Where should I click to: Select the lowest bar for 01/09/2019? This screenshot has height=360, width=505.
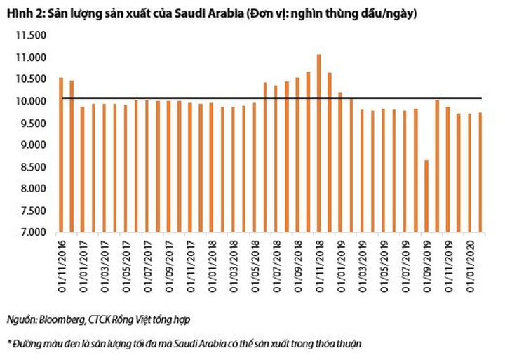click(426, 196)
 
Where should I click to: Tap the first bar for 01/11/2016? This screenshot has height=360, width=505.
click(61, 154)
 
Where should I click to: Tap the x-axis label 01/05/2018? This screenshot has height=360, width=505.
click(254, 262)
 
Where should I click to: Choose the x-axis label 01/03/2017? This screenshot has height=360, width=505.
click(104, 262)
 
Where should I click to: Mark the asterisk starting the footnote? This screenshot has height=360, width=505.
click(9, 343)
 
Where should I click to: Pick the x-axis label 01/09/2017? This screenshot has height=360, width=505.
click(168, 262)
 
